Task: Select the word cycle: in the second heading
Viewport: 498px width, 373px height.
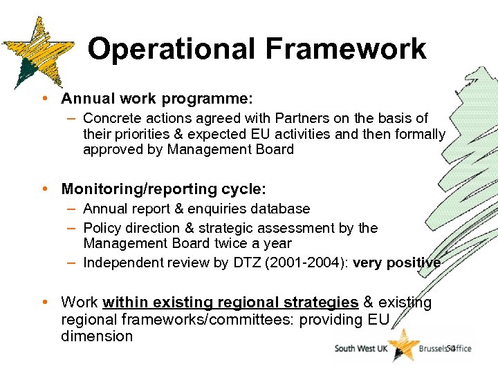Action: point(245,189)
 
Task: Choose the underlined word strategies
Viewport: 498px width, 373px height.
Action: point(324,302)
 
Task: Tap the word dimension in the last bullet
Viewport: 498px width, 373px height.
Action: point(97,336)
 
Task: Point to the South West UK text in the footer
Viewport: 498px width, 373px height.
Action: point(360,349)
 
